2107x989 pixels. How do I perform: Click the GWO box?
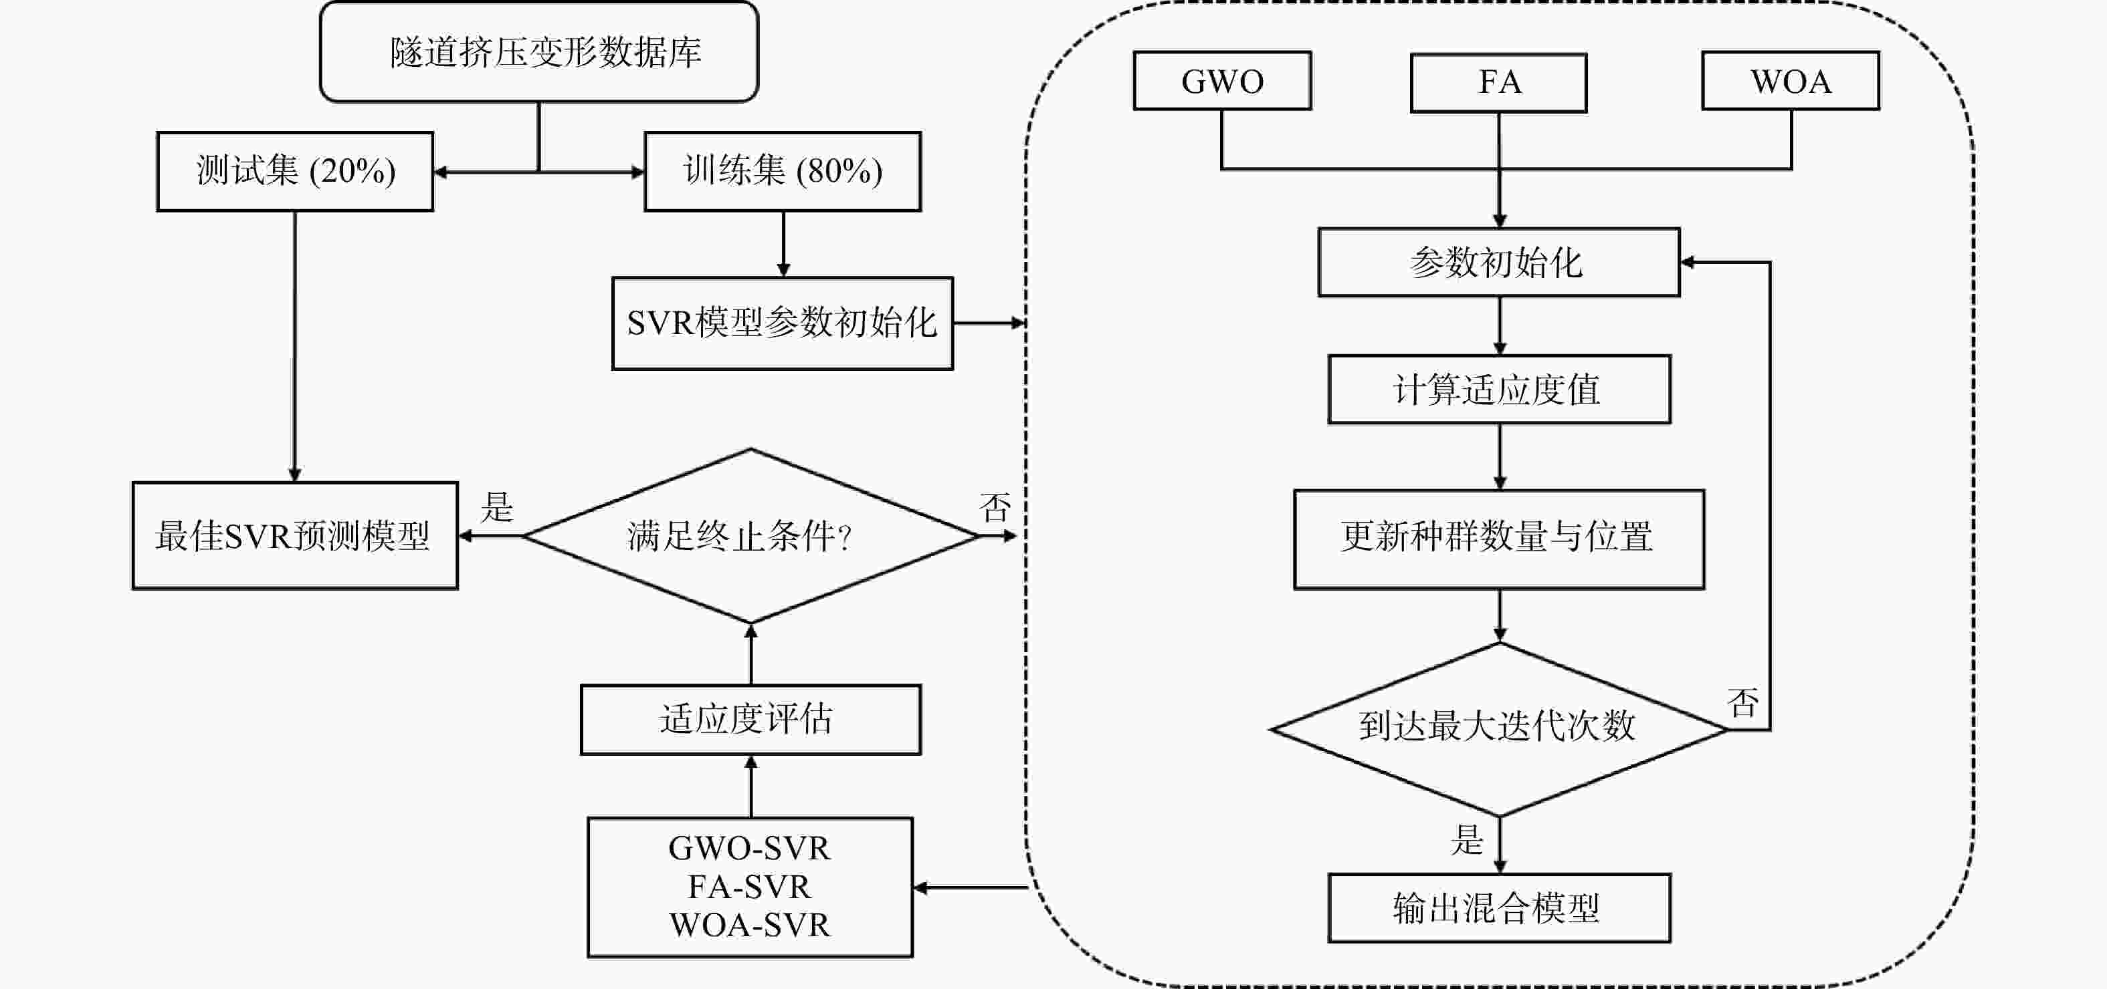click(1222, 81)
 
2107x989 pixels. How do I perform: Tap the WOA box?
click(1791, 81)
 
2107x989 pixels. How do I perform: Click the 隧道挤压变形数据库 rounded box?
click(539, 52)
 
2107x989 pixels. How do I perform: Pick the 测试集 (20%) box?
click(295, 172)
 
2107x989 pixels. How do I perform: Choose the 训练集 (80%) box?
click(783, 172)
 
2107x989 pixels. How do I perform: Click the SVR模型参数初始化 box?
click(783, 323)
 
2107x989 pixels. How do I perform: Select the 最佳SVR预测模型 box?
click(294, 536)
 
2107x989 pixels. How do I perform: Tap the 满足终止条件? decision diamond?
click(750, 536)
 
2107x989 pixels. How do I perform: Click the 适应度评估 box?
click(750, 719)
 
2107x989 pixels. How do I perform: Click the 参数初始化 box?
click(1498, 263)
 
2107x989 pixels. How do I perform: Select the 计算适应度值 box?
click(1498, 389)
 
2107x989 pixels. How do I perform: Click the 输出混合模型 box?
click(1498, 908)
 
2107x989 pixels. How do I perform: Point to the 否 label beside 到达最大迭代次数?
click(1742, 702)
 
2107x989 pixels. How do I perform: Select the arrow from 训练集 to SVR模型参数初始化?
click(783, 243)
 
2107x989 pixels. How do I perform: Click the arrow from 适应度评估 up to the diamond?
click(751, 654)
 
